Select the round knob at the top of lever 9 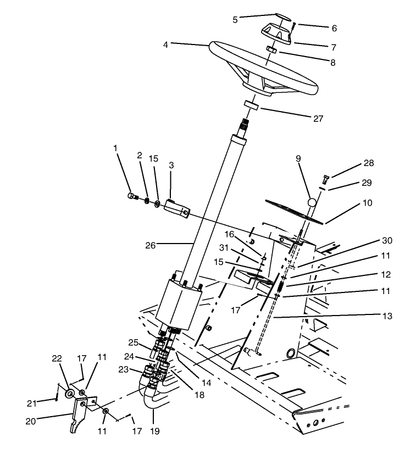pyautogui.click(x=313, y=203)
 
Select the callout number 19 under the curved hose pyautogui.click(x=155, y=432)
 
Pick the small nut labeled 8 pyautogui.click(x=271, y=49)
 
